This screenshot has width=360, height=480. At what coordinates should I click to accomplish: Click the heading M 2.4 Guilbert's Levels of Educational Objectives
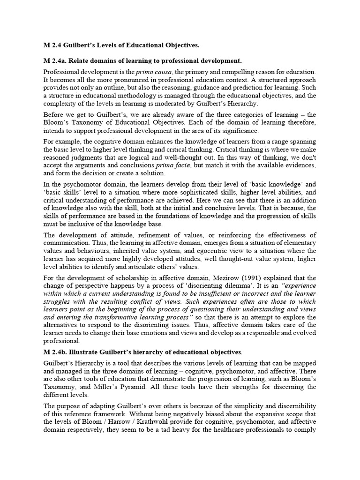[x=121, y=45]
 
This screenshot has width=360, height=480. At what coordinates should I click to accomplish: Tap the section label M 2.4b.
[x=57, y=351]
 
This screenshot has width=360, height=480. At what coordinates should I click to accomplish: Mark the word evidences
[x=299, y=165]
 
